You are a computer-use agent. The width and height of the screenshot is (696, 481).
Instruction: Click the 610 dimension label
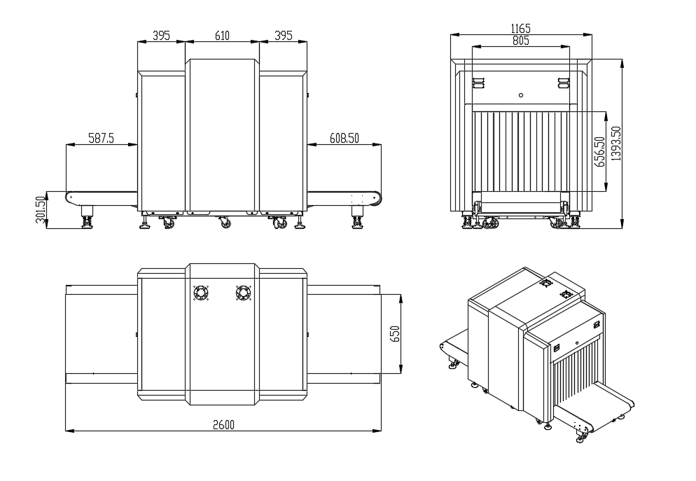pos(222,36)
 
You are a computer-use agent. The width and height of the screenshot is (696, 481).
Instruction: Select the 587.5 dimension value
pos(102,139)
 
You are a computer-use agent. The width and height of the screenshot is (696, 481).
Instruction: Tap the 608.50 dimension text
pos(344,139)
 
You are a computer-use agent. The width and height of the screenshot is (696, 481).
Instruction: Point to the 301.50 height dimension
pos(41,210)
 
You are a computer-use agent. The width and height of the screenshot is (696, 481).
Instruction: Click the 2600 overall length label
pos(223,425)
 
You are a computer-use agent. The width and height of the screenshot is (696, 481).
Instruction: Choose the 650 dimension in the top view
pos(395,334)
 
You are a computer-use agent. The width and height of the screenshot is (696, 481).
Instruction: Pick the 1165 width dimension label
pos(521,29)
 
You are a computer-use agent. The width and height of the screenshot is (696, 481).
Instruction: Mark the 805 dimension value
pos(521,41)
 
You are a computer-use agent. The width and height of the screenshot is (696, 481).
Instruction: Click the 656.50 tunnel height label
pos(599,152)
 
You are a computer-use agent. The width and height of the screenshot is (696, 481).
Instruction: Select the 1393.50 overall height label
pos(616,144)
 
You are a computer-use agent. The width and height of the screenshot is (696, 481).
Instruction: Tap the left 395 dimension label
pos(161,36)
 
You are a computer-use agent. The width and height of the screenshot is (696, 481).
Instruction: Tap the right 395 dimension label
pos(283,36)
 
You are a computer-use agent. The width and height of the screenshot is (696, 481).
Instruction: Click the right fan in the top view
pos(243,293)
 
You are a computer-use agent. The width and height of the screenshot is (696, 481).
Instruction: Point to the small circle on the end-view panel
pos(521,95)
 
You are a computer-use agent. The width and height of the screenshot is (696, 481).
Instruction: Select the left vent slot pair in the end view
pos(478,83)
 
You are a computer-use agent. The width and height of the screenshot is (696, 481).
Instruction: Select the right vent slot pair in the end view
pos(563,83)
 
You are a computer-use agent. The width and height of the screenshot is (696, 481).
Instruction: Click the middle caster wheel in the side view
pos(225,223)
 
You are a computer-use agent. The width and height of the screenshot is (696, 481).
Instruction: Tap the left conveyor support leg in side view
pos(87,218)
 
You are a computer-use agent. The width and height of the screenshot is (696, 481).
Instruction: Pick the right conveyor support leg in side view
pos(356,218)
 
